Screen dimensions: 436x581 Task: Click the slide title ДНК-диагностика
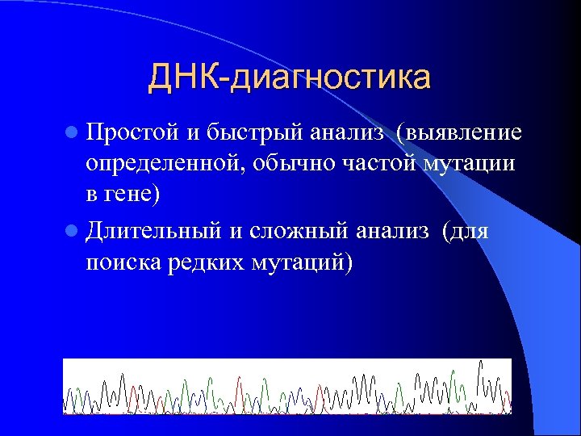(289, 78)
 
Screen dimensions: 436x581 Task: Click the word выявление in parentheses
(463, 132)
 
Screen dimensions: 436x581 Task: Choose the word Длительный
(153, 232)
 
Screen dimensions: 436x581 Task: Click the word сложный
(288, 232)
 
